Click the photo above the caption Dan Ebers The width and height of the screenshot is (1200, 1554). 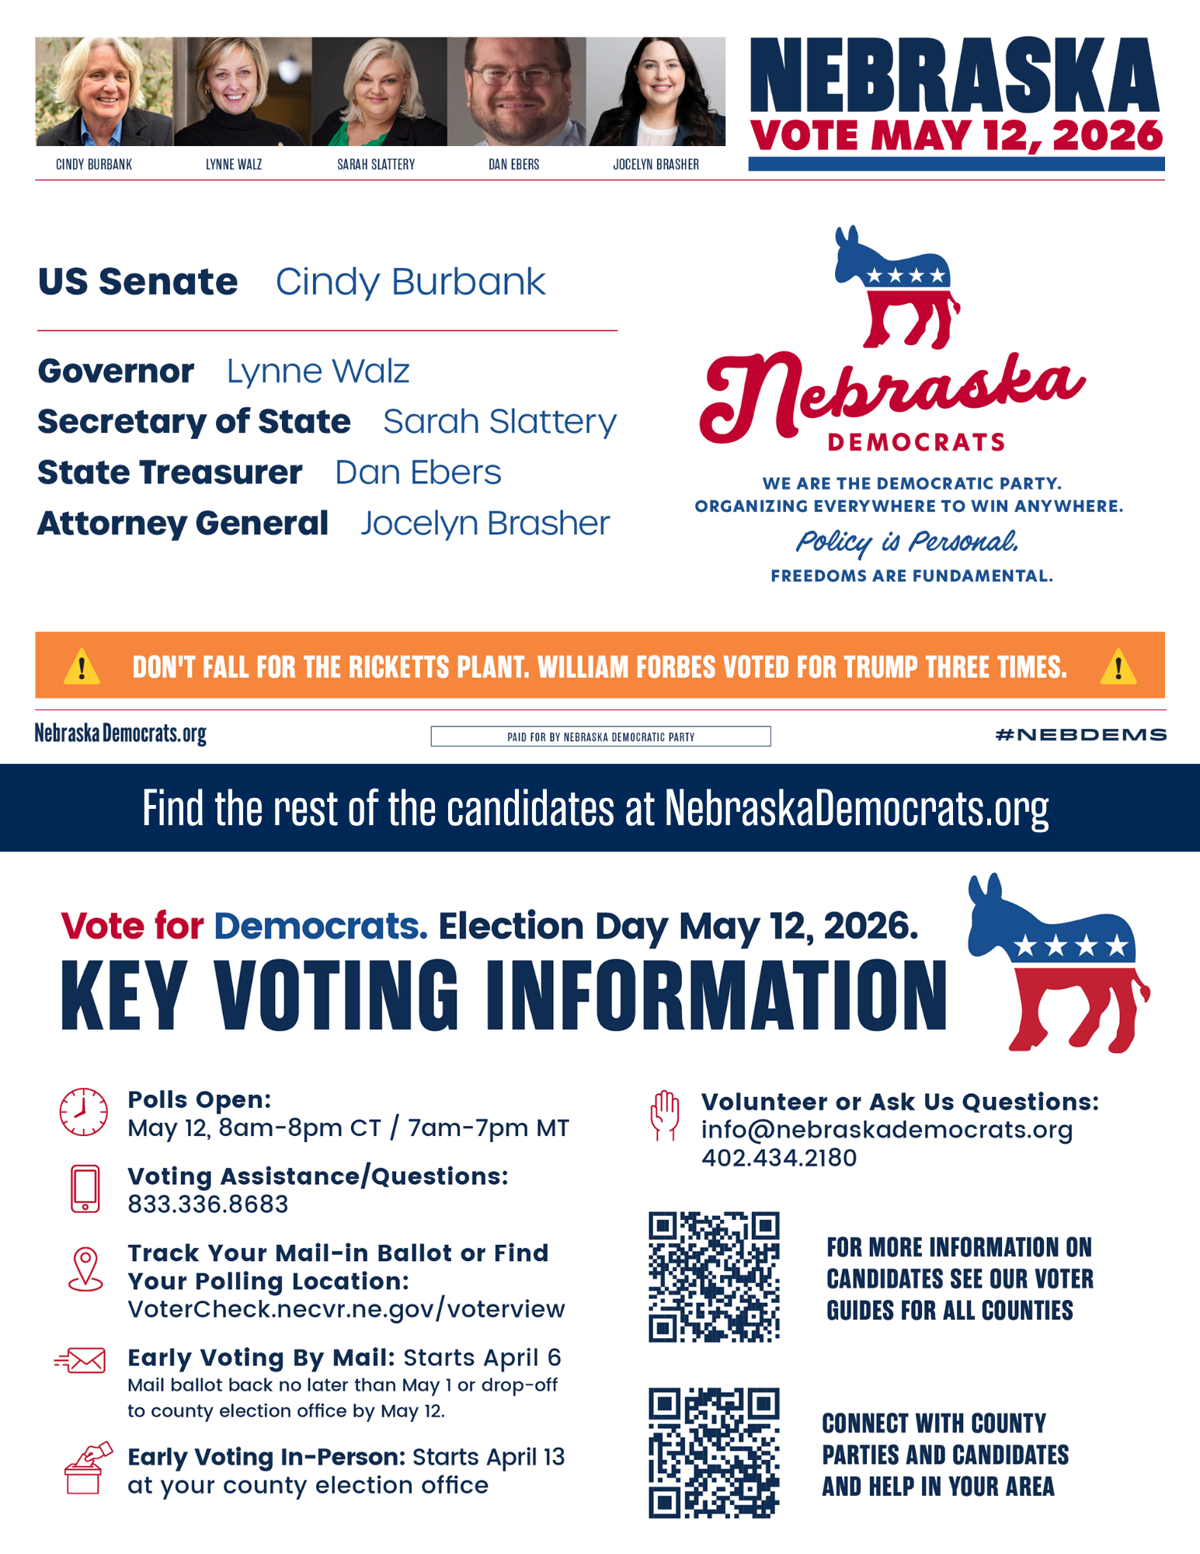[x=517, y=92]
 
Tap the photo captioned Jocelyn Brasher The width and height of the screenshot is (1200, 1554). [x=657, y=92]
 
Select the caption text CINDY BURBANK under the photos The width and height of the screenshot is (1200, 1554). [x=94, y=165]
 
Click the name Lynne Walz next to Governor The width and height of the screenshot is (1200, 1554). [x=318, y=371]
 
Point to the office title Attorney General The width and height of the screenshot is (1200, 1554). [x=183, y=524]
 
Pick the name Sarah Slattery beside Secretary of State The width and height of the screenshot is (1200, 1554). [x=499, y=422]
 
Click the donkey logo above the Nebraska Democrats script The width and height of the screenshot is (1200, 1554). [x=896, y=287]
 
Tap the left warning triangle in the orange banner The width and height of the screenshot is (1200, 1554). [x=82, y=667]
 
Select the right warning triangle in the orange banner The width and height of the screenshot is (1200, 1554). [x=1118, y=667]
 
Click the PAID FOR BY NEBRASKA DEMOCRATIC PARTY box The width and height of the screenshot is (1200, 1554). [x=600, y=737]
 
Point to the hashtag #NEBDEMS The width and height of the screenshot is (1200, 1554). [x=1080, y=735]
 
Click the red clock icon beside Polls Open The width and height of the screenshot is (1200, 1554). [x=84, y=1112]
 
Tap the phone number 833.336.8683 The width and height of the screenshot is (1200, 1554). [x=208, y=1204]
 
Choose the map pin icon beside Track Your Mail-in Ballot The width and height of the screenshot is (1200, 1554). [x=85, y=1270]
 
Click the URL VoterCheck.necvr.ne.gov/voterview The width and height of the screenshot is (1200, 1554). [x=346, y=1309]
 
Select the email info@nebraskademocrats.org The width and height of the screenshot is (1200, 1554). [x=886, y=1130]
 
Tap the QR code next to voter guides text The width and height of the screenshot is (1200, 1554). [x=714, y=1277]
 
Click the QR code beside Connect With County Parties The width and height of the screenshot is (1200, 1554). [x=714, y=1452]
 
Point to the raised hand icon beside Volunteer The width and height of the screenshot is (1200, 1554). [x=665, y=1116]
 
